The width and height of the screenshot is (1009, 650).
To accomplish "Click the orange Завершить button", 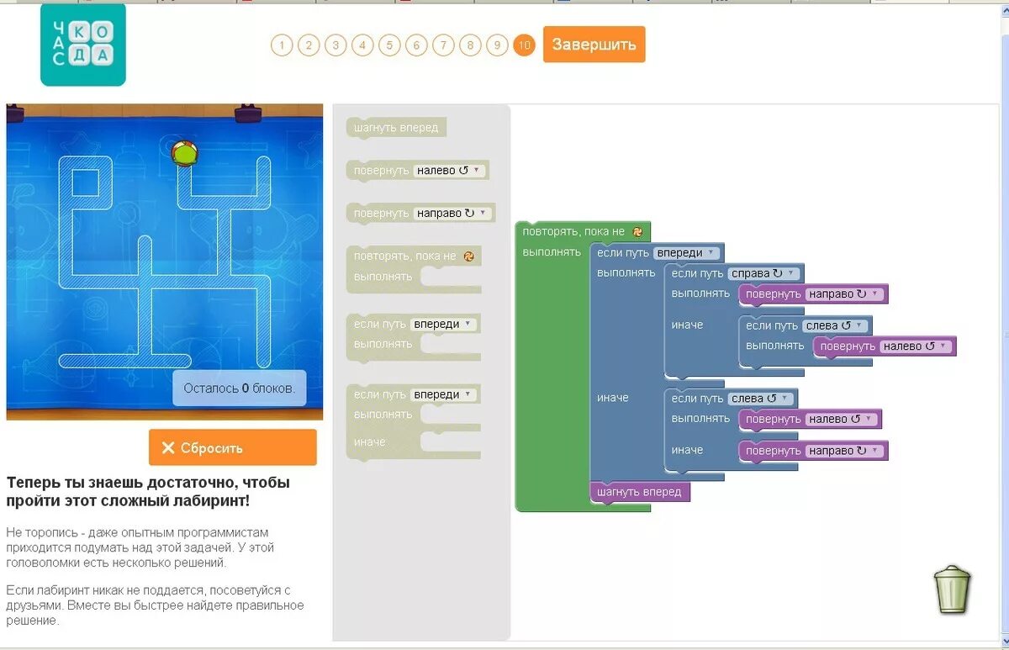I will [x=594, y=45].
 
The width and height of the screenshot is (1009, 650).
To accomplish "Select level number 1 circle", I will [x=282, y=45].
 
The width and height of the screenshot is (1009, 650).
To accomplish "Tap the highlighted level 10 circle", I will [x=524, y=45].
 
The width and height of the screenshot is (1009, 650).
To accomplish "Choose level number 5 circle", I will [x=389, y=45].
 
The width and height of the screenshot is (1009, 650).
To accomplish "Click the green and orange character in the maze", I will [x=184, y=153].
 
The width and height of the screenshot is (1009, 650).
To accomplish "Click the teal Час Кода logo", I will [x=82, y=45].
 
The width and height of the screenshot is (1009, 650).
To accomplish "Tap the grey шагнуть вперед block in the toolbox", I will [x=396, y=128].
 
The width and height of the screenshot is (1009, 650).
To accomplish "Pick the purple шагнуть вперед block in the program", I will [x=640, y=492].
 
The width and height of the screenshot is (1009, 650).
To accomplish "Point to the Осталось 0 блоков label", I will [x=239, y=388].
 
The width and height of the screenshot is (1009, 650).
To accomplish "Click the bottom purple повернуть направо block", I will [x=812, y=451].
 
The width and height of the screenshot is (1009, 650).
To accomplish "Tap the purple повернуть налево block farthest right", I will [x=884, y=346].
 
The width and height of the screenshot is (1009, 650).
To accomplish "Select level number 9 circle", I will [x=497, y=45].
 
